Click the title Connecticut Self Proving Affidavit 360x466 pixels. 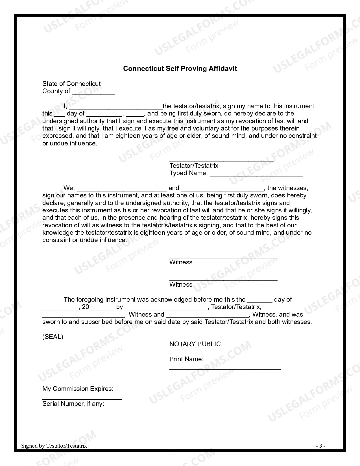pyautogui.click(x=180, y=69)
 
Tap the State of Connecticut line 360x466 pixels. pyautogui.click(x=71, y=84)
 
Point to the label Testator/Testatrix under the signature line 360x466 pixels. pyautogui.click(x=194, y=166)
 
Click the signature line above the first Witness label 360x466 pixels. pyautogui.click(x=223, y=256)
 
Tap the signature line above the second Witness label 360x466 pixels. pyautogui.click(x=223, y=279)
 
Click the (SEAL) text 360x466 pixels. pyautogui.click(x=53, y=337)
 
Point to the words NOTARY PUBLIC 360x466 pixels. pyautogui.click(x=195, y=344)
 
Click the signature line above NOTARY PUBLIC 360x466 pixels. pyautogui.click(x=225, y=339)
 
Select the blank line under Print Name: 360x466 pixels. pyautogui.click(x=225, y=368)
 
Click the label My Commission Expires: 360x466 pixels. pyautogui.click(x=78, y=389)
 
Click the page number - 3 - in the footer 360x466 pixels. pyautogui.click(x=320, y=446)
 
